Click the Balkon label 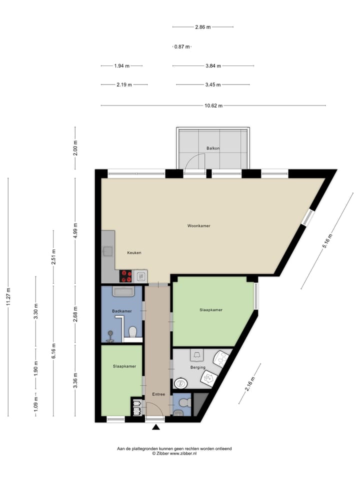tap(213, 148)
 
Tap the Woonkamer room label tap(198, 226)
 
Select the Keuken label tap(134, 252)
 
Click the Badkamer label tap(122, 311)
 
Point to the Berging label tap(197, 367)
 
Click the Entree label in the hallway tap(158, 394)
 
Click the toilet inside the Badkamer tap(132, 332)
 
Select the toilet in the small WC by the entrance tap(184, 402)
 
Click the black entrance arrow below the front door tap(156, 427)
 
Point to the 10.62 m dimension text tap(213, 105)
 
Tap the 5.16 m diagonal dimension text tap(326, 242)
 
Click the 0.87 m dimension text tap(181, 46)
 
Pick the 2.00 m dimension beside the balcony tap(75, 148)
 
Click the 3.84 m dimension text tap(213, 65)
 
